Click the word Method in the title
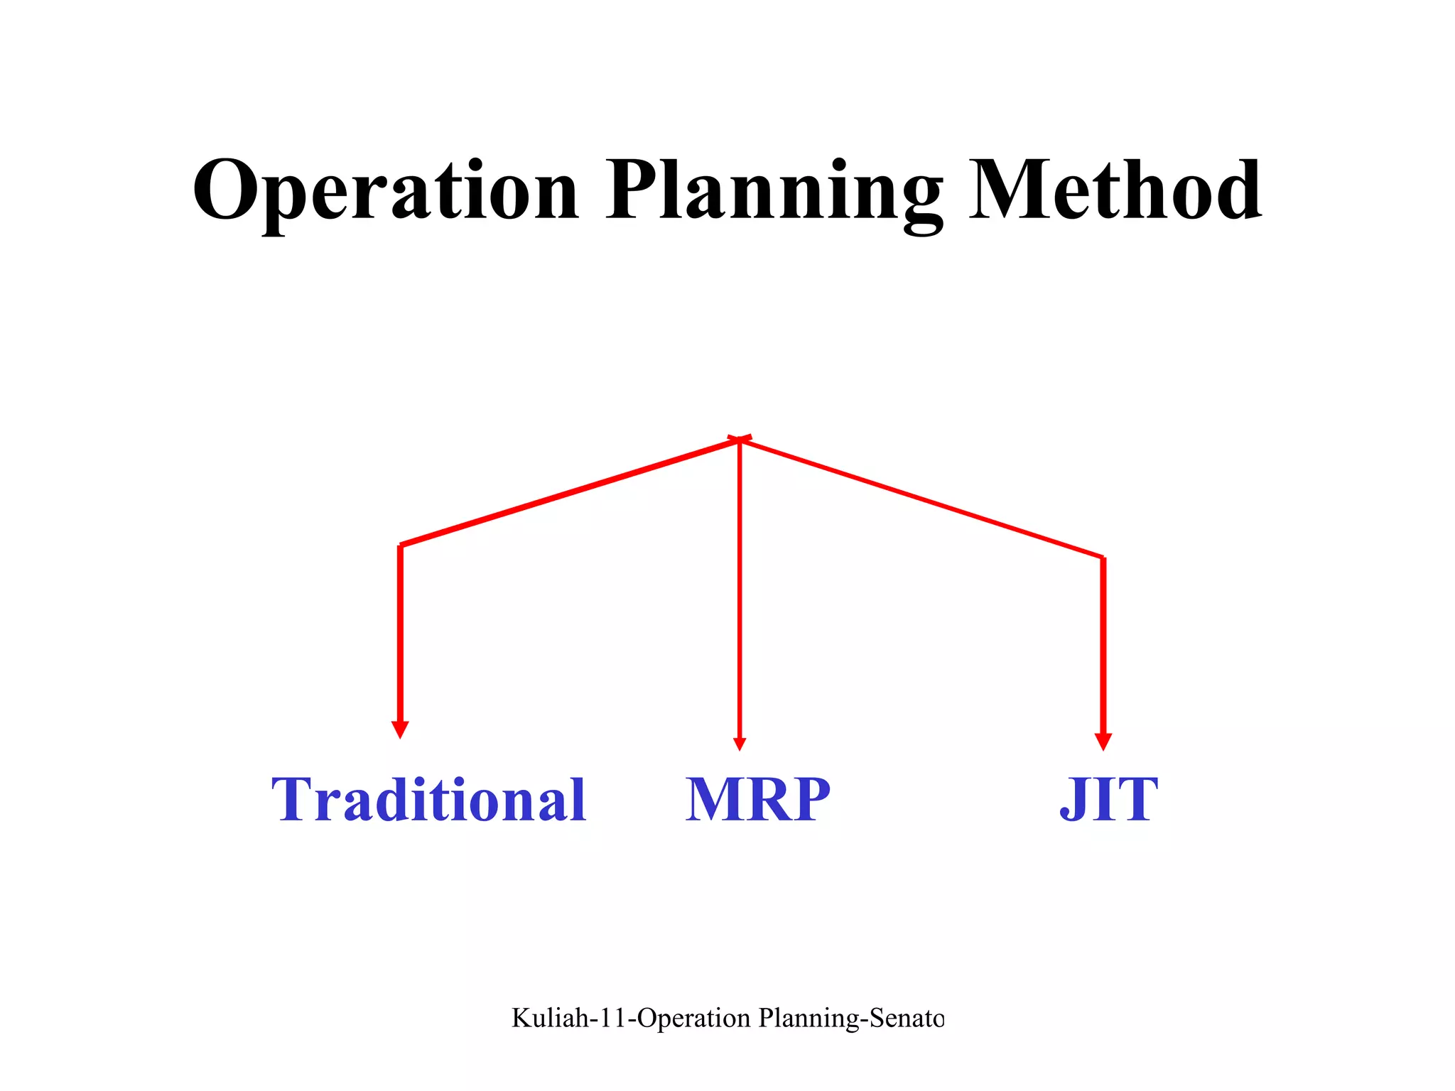[1115, 190]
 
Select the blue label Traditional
[429, 800]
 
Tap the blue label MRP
[757, 800]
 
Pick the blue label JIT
[1108, 800]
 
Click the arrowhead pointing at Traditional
[400, 729]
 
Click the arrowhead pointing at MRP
[740, 743]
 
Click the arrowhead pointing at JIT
[1103, 742]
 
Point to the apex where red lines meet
[740, 440]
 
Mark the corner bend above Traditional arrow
[401, 545]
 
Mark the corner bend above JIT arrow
[1103, 558]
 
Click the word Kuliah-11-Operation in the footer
[631, 1019]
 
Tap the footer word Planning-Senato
[851, 1019]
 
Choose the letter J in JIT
[1073, 801]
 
